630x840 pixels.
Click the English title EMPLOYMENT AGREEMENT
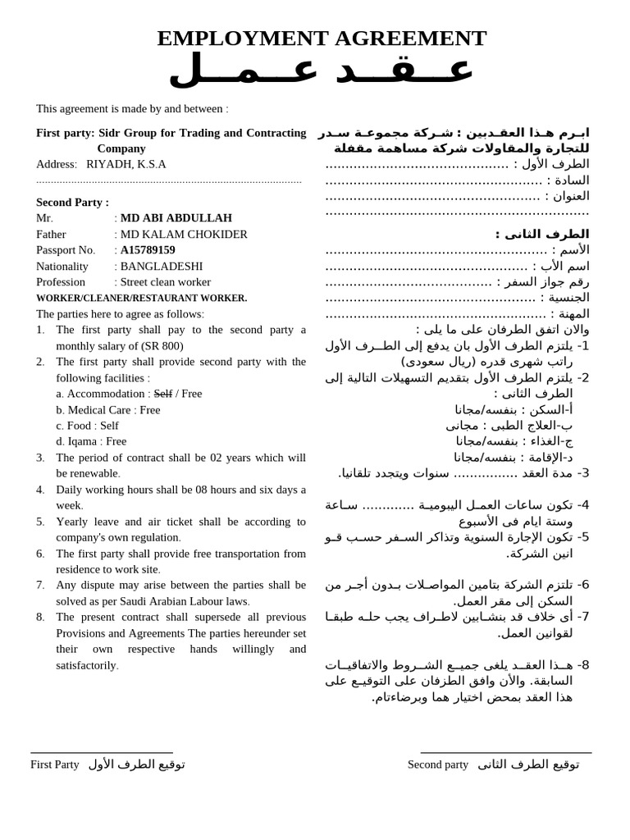tap(322, 38)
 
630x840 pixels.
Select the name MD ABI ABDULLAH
tap(176, 218)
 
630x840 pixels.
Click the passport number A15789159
tap(148, 250)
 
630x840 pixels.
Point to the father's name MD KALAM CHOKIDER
tap(184, 235)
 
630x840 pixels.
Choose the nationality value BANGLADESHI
tap(162, 267)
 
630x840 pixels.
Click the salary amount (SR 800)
tap(162, 346)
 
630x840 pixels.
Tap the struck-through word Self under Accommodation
tap(163, 394)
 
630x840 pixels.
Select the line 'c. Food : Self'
tap(87, 426)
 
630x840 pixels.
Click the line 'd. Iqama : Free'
tap(91, 441)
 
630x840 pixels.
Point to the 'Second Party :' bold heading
tap(72, 202)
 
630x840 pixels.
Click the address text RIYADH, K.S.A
tap(126, 164)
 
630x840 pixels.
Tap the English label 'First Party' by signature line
tap(55, 765)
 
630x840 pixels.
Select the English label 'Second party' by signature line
tap(438, 765)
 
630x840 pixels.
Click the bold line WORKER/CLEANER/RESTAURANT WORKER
tap(141, 299)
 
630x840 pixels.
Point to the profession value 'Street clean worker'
tap(165, 282)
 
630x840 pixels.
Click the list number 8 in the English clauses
tap(40, 617)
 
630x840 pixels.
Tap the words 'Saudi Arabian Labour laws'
tap(180, 601)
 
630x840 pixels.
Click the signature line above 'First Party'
tap(102, 752)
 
